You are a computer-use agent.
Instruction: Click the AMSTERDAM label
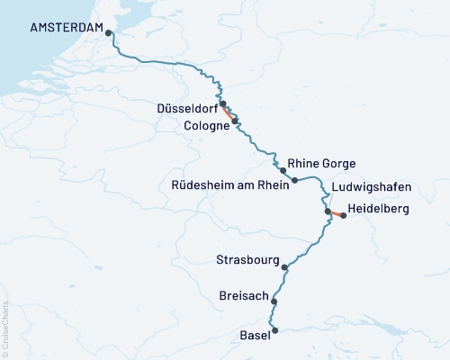pos(65,27)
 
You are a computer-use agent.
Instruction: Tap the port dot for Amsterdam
pos(109,33)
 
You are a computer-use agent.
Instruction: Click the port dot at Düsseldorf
pos(222,103)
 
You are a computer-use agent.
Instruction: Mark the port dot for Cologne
pos(235,120)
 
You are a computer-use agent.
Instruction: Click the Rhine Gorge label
pos(322,164)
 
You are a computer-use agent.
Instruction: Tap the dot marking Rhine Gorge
pos(283,170)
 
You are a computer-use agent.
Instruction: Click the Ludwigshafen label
pos(371,187)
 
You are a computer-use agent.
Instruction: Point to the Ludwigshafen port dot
pos(328,212)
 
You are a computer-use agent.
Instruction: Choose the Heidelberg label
pos(378,209)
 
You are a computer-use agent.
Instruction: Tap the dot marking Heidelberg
pos(343,216)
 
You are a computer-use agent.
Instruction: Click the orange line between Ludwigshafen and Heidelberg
pos(336,214)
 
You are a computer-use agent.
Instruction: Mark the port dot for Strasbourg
pos(284,267)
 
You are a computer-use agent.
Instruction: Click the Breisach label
pos(244,295)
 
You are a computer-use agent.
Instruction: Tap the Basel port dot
pos(274,330)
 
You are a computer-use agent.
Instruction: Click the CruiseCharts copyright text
pos(5,324)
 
